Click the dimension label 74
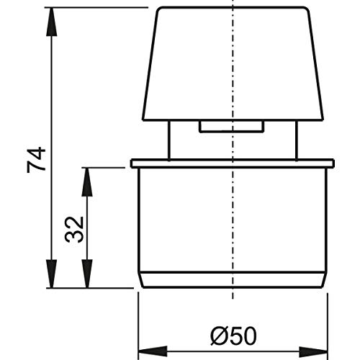tap(36, 160)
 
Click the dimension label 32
tap(74, 230)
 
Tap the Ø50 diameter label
tap(233, 336)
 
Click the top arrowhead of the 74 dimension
tap(52, 22)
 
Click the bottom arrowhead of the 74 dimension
tap(52, 274)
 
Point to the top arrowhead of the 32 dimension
tap(87, 182)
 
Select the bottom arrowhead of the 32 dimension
tap(87, 274)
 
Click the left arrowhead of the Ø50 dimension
tap(153, 351)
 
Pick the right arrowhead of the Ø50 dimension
tap(313, 351)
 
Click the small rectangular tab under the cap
tap(231, 127)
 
